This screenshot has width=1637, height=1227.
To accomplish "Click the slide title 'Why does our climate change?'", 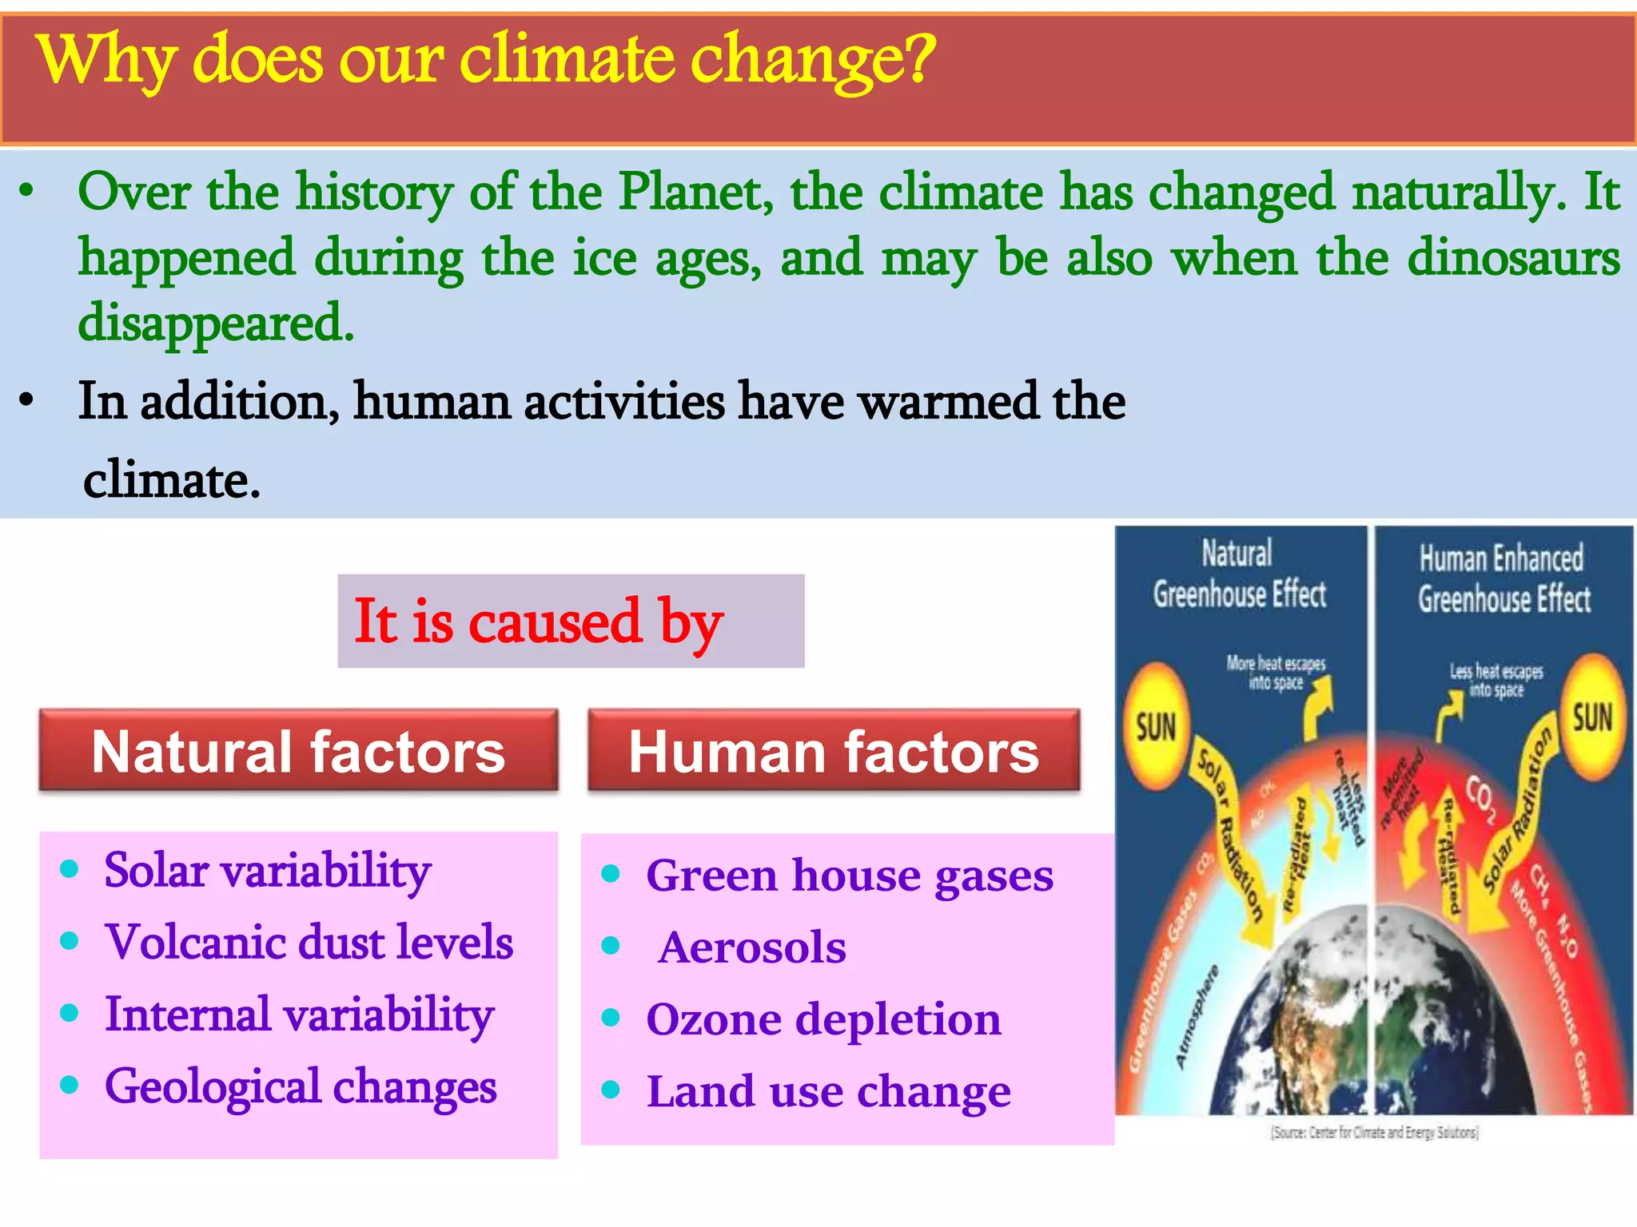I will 485,60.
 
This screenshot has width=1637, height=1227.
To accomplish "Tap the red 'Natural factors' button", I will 298,752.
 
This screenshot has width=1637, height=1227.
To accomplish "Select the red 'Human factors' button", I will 834,752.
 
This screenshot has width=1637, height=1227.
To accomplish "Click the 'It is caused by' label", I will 538,621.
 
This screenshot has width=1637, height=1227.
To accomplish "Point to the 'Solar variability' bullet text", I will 268,870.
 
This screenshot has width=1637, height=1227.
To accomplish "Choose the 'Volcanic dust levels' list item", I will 309,942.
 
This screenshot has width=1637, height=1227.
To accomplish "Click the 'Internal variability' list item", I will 300,1015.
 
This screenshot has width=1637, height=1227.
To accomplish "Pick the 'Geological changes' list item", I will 301,1086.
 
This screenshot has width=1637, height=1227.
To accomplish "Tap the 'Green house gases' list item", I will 850,876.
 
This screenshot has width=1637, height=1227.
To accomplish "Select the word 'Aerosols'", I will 751,947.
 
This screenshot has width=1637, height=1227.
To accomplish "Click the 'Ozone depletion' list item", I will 823,1019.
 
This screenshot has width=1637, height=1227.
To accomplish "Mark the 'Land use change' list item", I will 829,1091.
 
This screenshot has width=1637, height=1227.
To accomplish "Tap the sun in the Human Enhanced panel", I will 1592,717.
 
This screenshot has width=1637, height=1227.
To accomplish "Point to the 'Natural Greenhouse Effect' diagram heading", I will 1239,574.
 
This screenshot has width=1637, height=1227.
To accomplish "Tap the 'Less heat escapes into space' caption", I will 1496,680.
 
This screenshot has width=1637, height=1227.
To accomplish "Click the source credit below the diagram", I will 1375,1133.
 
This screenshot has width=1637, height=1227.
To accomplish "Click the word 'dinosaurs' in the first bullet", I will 1513,258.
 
